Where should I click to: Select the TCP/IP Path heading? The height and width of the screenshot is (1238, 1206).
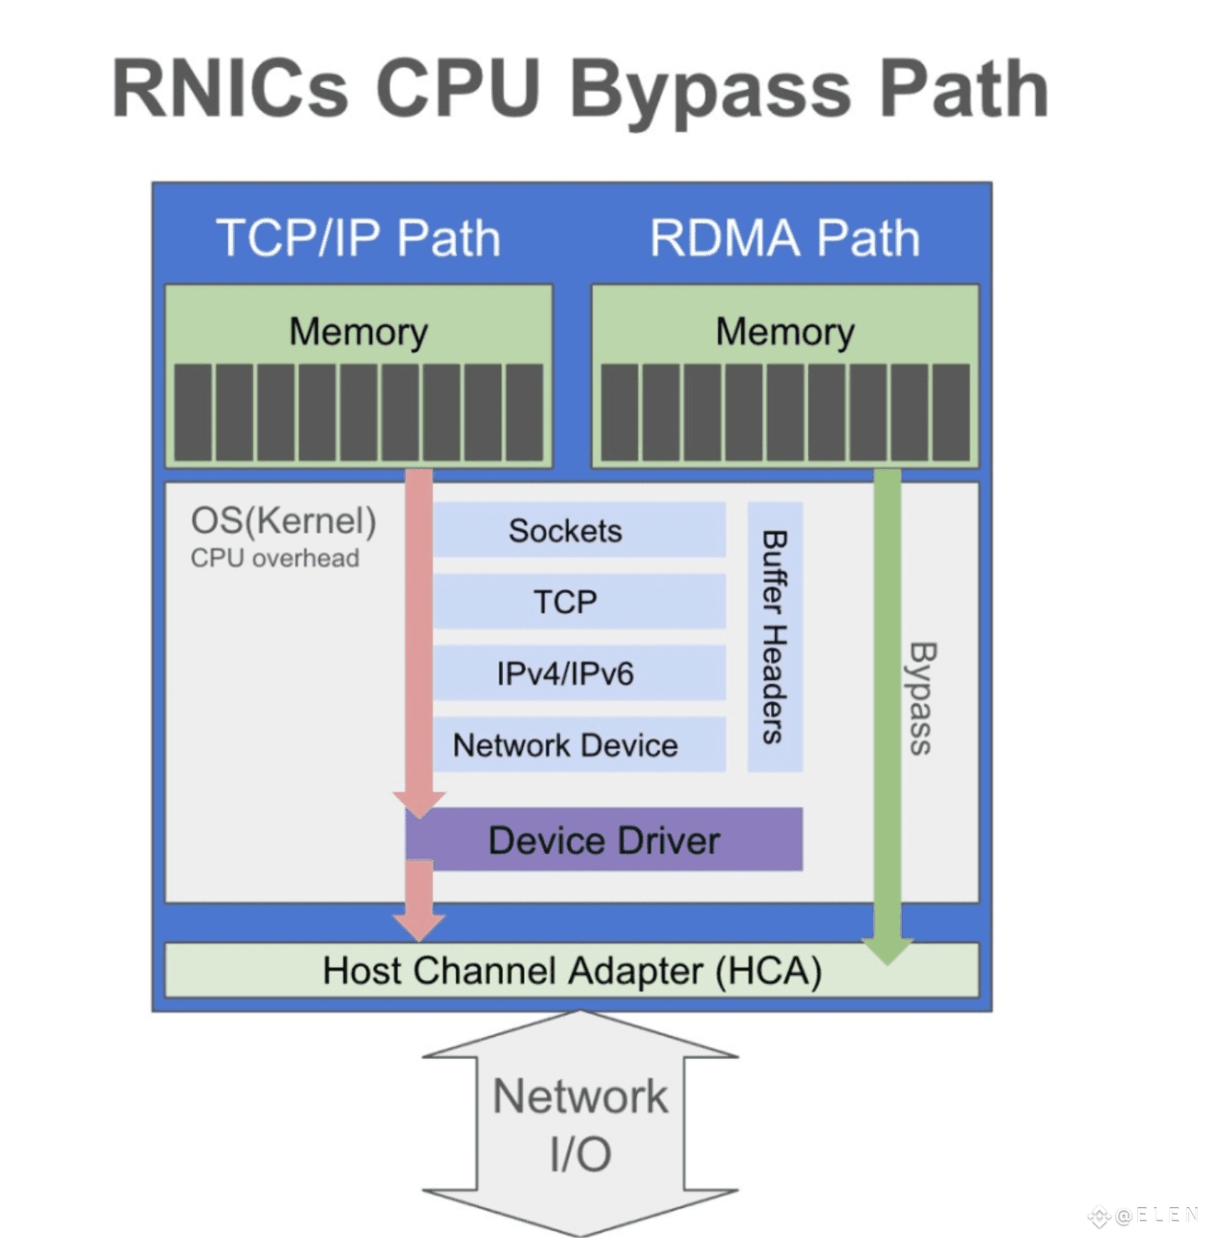(359, 238)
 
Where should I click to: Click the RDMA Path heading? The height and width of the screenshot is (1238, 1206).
(785, 238)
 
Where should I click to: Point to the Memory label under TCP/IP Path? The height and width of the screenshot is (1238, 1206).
(359, 332)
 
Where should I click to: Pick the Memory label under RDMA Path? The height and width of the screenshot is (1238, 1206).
(785, 332)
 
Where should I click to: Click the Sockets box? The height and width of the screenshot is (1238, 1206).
(579, 530)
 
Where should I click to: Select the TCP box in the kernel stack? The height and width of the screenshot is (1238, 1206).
(579, 601)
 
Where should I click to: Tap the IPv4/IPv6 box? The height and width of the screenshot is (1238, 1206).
(579, 673)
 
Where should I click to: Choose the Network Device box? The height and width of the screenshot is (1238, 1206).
(579, 745)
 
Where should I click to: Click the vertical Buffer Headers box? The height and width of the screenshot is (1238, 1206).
(775, 637)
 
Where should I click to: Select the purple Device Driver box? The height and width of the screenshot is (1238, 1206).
(604, 839)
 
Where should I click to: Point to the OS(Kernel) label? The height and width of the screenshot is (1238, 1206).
(284, 521)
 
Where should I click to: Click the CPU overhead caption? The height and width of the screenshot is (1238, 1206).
(275, 558)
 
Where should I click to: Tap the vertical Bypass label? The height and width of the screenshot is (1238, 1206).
(920, 698)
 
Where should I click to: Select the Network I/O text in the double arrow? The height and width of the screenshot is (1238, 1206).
(581, 1125)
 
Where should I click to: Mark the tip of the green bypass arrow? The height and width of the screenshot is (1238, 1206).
(888, 964)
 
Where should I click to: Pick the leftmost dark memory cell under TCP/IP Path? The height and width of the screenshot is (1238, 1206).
(193, 412)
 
